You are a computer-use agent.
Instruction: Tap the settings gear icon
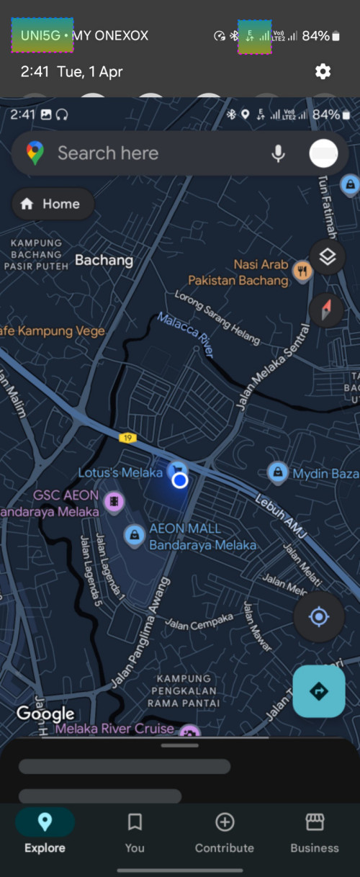323,71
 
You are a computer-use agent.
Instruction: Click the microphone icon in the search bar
278,153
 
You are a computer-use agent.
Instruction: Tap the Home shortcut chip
53,204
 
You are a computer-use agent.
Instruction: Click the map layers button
328,257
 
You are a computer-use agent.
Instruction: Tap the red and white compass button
327,310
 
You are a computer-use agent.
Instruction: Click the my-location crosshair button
319,617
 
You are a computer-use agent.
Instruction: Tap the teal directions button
319,691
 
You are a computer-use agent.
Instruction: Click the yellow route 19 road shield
128,437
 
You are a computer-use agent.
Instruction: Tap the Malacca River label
186,335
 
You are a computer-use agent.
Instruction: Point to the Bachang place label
104,260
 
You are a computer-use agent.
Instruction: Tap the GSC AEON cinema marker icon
114,501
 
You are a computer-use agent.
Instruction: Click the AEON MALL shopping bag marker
133,535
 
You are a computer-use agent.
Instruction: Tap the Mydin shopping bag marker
277,473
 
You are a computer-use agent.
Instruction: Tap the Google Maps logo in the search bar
35,153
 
